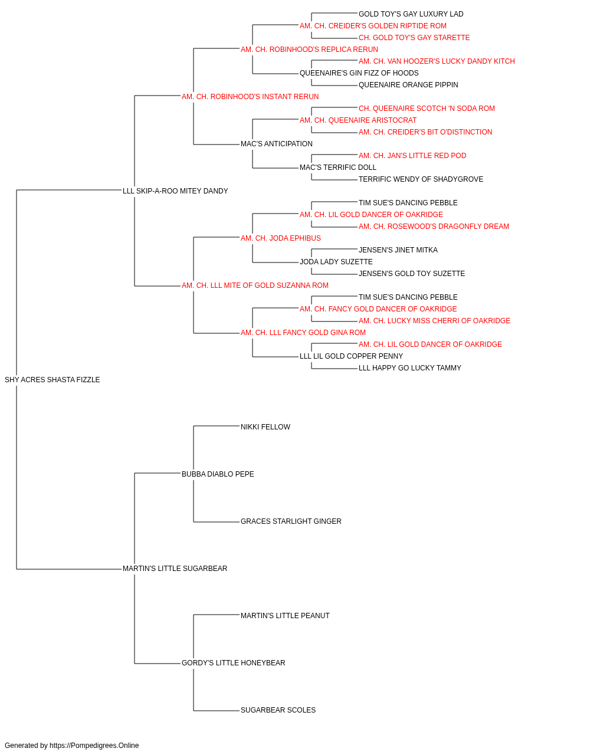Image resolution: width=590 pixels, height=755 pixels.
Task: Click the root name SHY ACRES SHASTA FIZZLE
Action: click(52, 380)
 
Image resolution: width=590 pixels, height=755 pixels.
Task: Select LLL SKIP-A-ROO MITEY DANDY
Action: click(175, 191)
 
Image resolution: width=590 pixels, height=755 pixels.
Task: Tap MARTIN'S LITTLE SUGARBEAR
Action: click(175, 569)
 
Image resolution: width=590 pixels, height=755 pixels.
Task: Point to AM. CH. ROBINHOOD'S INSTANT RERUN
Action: click(250, 97)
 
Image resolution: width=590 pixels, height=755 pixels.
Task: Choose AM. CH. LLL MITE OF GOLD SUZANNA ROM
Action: click(255, 285)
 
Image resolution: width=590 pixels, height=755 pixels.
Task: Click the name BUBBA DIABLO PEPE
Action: click(218, 474)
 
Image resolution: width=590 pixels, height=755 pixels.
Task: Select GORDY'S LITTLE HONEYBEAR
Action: click(234, 662)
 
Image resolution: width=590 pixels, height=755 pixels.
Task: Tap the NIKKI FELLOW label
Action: click(265, 427)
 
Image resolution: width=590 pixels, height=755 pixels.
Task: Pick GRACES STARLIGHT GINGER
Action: click(291, 521)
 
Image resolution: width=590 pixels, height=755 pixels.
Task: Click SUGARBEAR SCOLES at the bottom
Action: click(278, 710)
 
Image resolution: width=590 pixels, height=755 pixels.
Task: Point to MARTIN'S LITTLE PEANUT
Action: click(286, 616)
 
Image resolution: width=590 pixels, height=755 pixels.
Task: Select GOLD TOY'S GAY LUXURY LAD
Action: click(411, 14)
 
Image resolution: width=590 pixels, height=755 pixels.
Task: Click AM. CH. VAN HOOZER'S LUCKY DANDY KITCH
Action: click(437, 61)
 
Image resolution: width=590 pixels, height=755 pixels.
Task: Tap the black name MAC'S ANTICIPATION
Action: click(277, 144)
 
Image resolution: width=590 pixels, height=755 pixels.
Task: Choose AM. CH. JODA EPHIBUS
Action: click(281, 238)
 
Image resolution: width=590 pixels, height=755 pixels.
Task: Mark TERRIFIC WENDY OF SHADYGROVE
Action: click(421, 179)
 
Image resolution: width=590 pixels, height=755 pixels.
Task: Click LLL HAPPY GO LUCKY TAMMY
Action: click(410, 368)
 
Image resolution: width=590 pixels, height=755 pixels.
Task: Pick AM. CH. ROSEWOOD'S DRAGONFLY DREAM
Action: click(434, 226)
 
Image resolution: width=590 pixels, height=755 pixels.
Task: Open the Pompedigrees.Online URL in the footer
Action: click(94, 746)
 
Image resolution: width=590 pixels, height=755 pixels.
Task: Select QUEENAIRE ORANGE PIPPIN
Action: click(408, 85)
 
